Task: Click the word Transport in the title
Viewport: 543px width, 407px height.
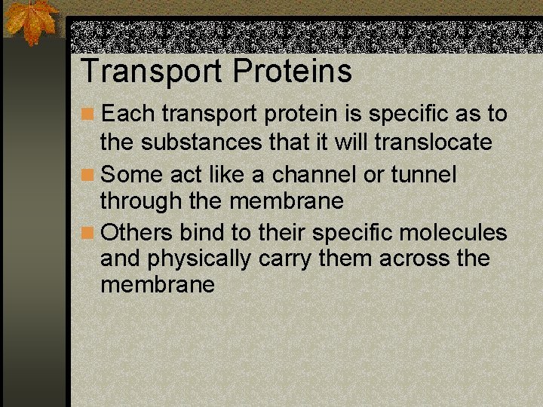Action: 152,72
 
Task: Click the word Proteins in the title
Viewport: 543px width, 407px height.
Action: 293,72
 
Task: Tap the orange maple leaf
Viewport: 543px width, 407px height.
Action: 32,22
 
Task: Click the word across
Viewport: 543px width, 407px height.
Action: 416,259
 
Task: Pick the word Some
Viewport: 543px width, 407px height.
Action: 130,175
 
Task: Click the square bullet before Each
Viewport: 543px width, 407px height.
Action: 88,115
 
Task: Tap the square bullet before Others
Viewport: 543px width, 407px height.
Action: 88,232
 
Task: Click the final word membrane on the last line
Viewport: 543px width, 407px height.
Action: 157,286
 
